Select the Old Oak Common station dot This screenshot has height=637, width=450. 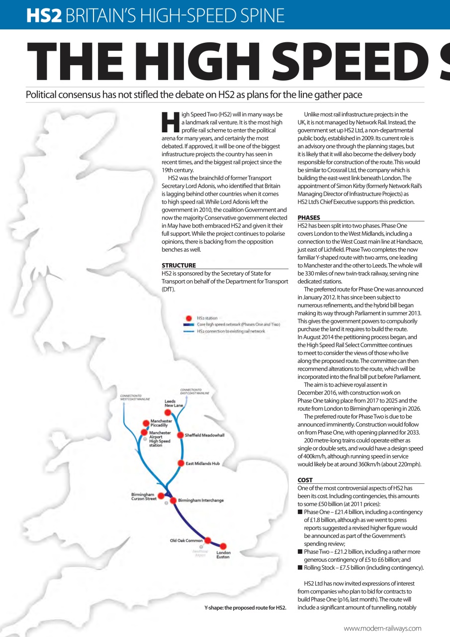coord(208,540)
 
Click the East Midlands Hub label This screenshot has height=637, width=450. coord(202,463)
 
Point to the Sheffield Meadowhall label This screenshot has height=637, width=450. coord(204,435)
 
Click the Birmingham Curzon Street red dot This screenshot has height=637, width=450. coord(161,496)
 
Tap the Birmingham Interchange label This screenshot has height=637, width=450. coord(201,500)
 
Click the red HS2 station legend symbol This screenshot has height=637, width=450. coord(188,318)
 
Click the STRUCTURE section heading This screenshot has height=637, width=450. coord(179,265)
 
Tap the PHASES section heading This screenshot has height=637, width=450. coord(309,217)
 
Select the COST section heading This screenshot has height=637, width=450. coord(305,480)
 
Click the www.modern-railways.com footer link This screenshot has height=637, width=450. coord(382,628)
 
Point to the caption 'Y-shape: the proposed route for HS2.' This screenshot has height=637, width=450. coord(245,608)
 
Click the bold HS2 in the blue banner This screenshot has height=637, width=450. coord(44,16)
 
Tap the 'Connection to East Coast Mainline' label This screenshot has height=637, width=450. coord(194,391)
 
